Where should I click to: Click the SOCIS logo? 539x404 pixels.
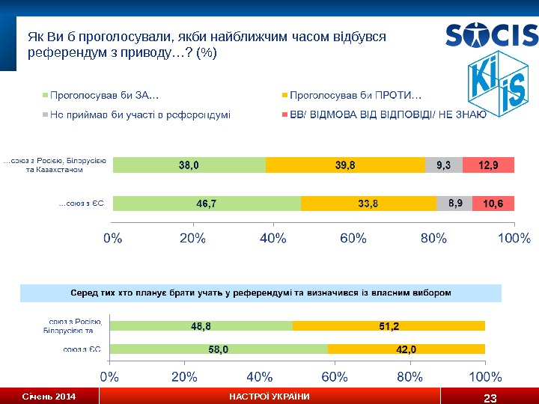[x=491, y=35]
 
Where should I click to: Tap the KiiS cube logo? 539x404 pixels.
[x=495, y=88]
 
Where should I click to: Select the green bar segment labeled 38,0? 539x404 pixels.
[x=189, y=165]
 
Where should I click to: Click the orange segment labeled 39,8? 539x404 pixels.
[x=344, y=165]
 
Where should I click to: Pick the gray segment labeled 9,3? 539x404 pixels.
[x=443, y=165]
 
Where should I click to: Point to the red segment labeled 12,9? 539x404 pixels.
[x=488, y=165]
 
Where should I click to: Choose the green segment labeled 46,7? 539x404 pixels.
[x=207, y=203]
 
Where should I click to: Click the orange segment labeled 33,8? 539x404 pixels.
[x=368, y=203]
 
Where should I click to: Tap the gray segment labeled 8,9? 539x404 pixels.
[x=454, y=203]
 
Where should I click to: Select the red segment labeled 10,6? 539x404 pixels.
[x=493, y=203]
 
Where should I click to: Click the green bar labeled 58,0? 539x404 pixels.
[x=218, y=349]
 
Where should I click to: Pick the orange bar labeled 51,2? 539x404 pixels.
[x=389, y=325]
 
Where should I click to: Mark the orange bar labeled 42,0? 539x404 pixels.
[x=406, y=349]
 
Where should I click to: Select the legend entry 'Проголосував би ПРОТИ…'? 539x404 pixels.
[x=355, y=95]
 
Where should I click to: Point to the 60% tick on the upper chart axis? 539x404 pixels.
[x=353, y=239]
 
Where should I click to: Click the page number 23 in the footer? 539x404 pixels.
[x=490, y=397]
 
